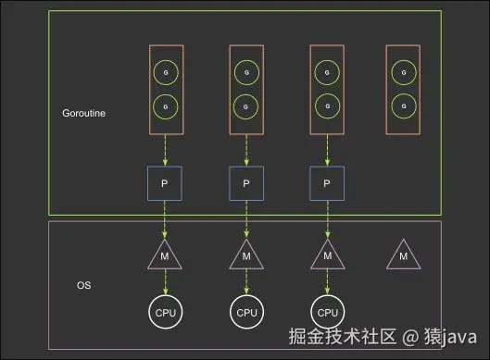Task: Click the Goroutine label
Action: click(83, 113)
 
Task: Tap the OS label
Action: click(83, 285)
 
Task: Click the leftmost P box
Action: click(165, 183)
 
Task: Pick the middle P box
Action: click(246, 183)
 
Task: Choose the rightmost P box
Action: click(327, 183)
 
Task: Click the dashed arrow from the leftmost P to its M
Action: click(165, 220)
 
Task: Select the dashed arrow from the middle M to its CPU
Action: click(246, 282)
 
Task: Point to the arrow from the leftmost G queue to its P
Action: click(165, 151)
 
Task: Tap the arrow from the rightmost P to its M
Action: click(328, 220)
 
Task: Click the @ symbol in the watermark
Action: click(410, 337)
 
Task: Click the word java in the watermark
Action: click(459, 337)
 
